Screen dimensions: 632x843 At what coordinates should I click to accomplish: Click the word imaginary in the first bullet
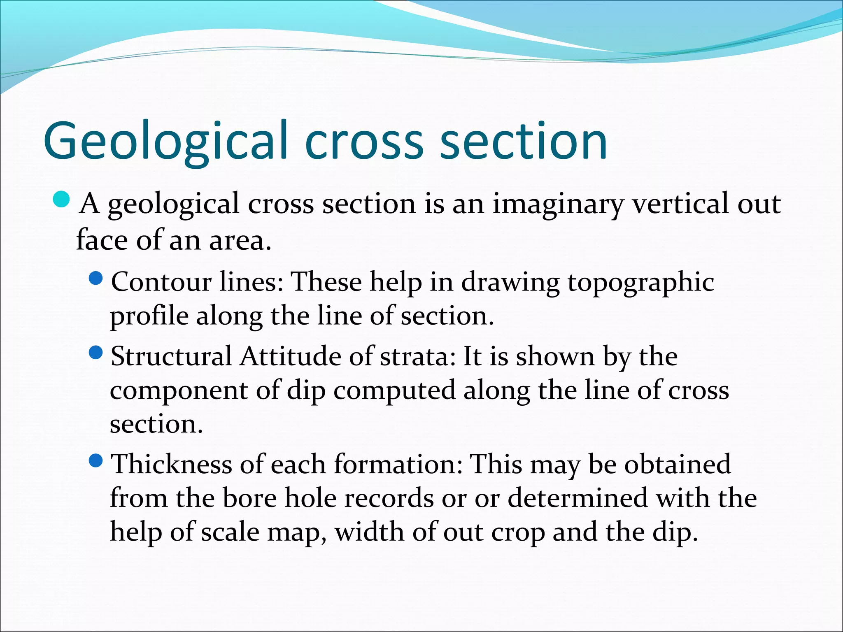558,204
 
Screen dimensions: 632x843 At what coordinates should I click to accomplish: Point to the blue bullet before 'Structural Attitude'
95,353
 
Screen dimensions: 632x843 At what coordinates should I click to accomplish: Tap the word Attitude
291,356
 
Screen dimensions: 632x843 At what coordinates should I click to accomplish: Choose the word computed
394,391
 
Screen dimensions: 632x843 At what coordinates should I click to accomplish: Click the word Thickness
172,464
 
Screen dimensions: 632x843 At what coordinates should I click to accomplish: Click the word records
389,498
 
